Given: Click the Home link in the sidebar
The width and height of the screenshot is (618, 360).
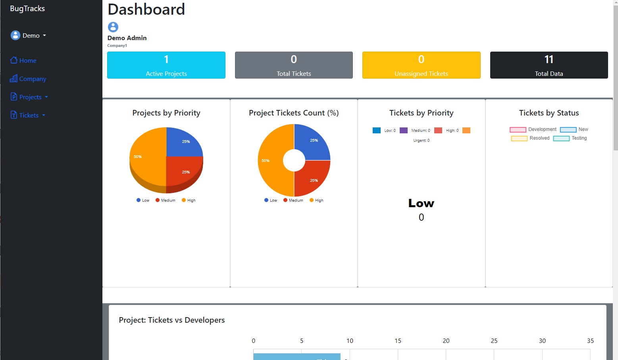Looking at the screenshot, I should click(23, 60).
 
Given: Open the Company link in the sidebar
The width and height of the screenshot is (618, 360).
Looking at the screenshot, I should click(28, 79).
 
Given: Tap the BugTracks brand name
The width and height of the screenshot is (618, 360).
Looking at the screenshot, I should click(27, 8).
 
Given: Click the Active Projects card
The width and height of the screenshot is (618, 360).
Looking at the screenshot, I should click(166, 65).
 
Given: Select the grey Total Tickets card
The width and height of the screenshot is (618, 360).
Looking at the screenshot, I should click(294, 65).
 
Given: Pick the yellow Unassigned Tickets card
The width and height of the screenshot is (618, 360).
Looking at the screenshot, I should click(421, 65).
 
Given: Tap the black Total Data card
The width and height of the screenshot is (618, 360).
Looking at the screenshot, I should click(549, 65).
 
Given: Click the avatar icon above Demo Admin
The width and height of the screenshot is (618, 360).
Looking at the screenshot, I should click(113, 27).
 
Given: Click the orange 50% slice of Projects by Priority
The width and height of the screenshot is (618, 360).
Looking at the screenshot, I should click(147, 159).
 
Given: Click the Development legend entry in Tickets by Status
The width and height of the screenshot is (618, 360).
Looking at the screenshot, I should click(533, 129).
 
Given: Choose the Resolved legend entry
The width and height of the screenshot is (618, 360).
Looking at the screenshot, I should click(530, 138).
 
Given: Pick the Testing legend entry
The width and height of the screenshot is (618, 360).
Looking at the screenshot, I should click(570, 138).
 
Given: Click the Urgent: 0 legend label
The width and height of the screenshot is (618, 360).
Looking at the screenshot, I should click(421, 141).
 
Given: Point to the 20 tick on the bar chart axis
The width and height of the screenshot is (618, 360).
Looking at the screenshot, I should click(446, 341).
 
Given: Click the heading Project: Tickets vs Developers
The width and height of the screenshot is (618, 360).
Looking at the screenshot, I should click(172, 320).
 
